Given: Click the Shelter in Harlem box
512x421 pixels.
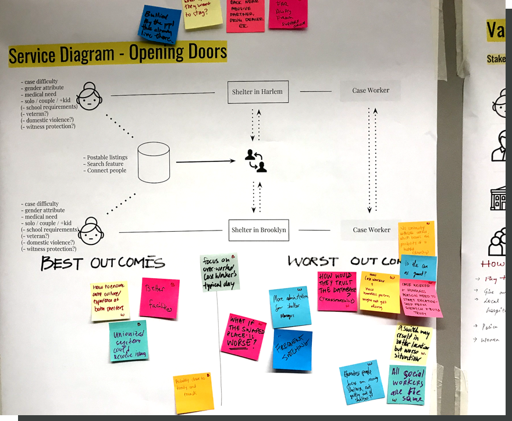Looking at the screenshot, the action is click(x=258, y=91).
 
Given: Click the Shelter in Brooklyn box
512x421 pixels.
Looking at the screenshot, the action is click(x=258, y=230).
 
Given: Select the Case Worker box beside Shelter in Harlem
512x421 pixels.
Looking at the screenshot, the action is click(x=371, y=91).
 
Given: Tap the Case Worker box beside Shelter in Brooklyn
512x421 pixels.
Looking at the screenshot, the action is click(x=371, y=230).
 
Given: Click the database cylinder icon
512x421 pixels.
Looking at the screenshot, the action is click(x=154, y=163).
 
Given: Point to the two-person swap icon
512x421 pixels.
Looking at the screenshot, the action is click(x=255, y=161).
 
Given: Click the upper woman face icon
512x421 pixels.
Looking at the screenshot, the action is click(x=90, y=96).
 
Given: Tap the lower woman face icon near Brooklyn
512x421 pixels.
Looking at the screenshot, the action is click(x=91, y=231).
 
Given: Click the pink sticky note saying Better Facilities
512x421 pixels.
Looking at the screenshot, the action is click(x=159, y=298).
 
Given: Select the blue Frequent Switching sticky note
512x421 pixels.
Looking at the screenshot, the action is click(x=292, y=350).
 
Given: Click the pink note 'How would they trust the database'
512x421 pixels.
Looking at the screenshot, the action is click(x=336, y=290).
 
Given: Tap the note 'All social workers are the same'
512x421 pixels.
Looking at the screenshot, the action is click(x=406, y=385).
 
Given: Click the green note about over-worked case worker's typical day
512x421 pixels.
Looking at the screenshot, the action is click(x=219, y=272).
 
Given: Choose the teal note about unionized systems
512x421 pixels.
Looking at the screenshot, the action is click(x=128, y=342).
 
